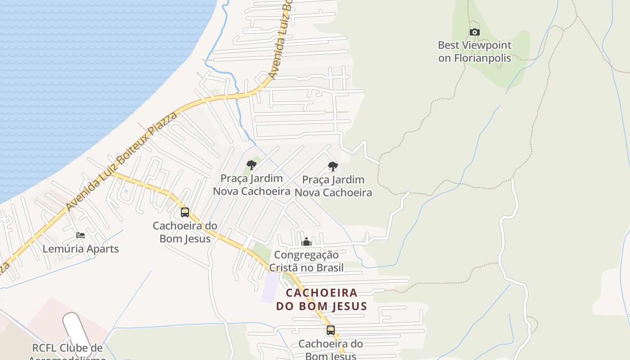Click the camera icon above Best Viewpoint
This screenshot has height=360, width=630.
tap(474, 32)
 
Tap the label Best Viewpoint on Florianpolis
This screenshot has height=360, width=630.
tap(475, 52)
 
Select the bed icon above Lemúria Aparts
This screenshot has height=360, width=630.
tap(81, 235)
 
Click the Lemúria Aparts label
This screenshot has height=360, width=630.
tap(81, 249)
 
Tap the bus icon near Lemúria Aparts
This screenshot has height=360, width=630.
tap(184, 212)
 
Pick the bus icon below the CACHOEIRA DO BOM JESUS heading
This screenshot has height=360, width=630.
tap(331, 330)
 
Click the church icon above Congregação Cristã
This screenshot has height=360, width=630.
tap(306, 242)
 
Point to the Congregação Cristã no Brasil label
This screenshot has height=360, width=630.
tap(306, 261)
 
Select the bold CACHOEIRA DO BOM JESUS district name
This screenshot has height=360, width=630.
tap(322, 300)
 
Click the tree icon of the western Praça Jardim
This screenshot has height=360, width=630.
tap(252, 165)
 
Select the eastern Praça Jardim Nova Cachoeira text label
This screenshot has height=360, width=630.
tap(333, 186)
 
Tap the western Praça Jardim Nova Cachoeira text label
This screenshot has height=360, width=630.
tap(252, 184)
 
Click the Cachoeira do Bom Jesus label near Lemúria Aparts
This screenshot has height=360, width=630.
tap(185, 232)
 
